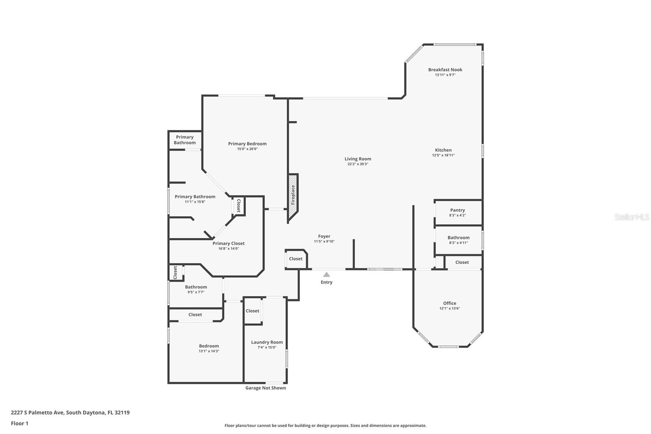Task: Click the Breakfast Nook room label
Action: tap(445, 70)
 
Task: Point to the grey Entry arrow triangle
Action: tap(326, 274)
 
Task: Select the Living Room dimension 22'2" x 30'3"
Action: tap(358, 164)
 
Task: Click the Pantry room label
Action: tap(457, 210)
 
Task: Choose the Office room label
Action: tap(450, 303)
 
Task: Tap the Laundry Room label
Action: tap(267, 342)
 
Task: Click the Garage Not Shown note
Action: tap(266, 388)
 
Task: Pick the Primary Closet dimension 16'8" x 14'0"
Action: tap(228, 249)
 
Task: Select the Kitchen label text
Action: tap(443, 150)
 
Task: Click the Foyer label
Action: tap(324, 237)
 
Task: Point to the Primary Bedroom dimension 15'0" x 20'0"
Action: tap(247, 149)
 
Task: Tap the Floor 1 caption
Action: tap(20, 423)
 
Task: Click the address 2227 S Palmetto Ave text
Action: tap(37, 412)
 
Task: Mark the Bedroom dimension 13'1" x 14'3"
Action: tap(209, 351)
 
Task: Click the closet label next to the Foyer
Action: tap(295, 259)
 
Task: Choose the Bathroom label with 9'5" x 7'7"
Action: tap(196, 287)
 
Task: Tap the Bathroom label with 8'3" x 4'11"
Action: tap(458, 238)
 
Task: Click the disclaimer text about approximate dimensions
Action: tap(325, 425)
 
